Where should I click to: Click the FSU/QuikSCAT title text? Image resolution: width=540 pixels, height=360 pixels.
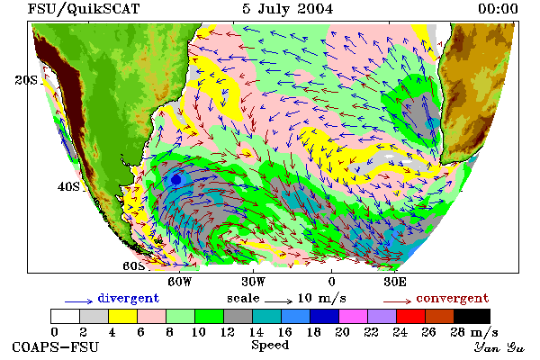pyautogui.click(x=84, y=9)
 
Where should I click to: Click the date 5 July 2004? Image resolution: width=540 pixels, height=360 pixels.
pyautogui.click(x=288, y=9)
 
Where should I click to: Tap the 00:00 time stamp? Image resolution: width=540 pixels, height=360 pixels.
pyautogui.click(x=498, y=9)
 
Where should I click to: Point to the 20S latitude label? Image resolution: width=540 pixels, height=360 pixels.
pyautogui.click(x=26, y=80)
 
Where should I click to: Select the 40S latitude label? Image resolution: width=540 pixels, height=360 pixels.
pyautogui.click(x=68, y=186)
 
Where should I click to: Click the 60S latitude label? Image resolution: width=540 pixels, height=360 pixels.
pyautogui.click(x=134, y=266)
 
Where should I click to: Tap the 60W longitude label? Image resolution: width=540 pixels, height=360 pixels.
pyautogui.click(x=179, y=282)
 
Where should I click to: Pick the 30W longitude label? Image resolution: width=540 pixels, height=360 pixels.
pyautogui.click(x=253, y=282)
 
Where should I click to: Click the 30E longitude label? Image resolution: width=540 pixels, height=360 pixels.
pyautogui.click(x=395, y=282)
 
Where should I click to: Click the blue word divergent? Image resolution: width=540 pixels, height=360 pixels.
pyautogui.click(x=128, y=298)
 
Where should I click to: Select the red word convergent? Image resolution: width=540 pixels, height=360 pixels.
pyautogui.click(x=453, y=298)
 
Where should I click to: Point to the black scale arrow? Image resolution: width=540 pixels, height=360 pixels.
pyautogui.click(x=279, y=301)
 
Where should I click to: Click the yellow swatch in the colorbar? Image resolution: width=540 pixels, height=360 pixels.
pyautogui.click(x=122, y=316)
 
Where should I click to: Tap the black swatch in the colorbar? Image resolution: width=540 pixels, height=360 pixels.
pyautogui.click(x=472, y=316)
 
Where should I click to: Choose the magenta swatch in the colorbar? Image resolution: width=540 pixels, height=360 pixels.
pyautogui.click(x=353, y=316)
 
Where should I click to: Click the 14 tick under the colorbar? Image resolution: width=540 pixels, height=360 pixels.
pyautogui.click(x=256, y=332)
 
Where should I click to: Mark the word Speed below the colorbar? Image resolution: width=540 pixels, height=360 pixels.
pyautogui.click(x=270, y=346)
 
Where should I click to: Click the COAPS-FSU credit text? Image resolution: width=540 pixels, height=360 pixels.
pyautogui.click(x=55, y=346)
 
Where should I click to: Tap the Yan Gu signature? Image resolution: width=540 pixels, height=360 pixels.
pyautogui.click(x=499, y=347)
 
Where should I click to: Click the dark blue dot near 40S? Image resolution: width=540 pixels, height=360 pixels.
pyautogui.click(x=176, y=179)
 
